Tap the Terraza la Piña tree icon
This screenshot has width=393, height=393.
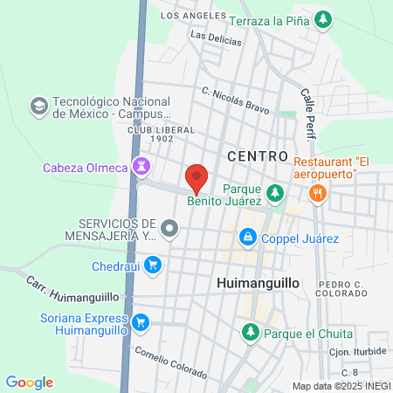(x=324, y=18)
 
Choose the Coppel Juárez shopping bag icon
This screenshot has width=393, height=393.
(x=249, y=236)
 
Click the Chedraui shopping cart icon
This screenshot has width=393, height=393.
(x=154, y=264)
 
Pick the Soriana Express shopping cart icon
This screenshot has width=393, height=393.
(x=141, y=325)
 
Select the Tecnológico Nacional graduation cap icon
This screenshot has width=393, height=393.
(x=38, y=107)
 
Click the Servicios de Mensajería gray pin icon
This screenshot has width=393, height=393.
(x=171, y=230)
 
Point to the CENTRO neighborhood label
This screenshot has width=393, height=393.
(x=257, y=155)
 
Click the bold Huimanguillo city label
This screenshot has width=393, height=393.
(x=257, y=285)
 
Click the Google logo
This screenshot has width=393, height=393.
(x=29, y=382)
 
